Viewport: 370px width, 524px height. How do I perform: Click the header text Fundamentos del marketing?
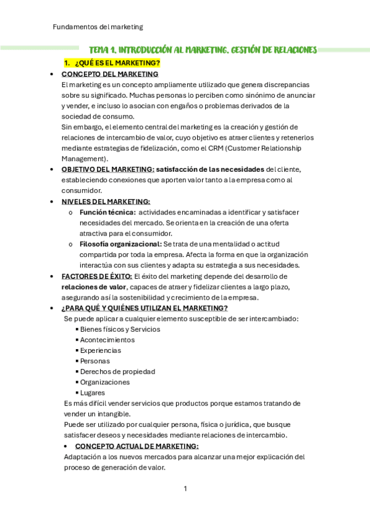point(98,27)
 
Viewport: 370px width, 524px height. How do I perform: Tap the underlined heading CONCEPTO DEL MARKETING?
point(110,74)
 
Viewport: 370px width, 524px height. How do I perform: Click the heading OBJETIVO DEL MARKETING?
point(107,170)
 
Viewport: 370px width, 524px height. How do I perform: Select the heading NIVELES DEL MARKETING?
point(106,201)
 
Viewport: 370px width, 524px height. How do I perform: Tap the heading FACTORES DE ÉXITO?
point(97,276)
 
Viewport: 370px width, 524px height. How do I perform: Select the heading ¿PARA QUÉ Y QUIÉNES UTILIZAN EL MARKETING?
point(145,308)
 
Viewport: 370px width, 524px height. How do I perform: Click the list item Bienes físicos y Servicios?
point(120,329)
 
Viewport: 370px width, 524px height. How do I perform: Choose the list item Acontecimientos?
point(107,340)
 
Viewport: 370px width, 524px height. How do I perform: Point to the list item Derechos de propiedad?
point(117,371)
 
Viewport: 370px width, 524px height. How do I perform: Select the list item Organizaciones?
point(105,382)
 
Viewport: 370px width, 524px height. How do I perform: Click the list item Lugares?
point(92,392)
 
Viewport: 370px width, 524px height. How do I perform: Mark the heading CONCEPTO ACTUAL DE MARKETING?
point(137,446)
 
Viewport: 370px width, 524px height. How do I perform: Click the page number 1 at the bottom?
point(185,489)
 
